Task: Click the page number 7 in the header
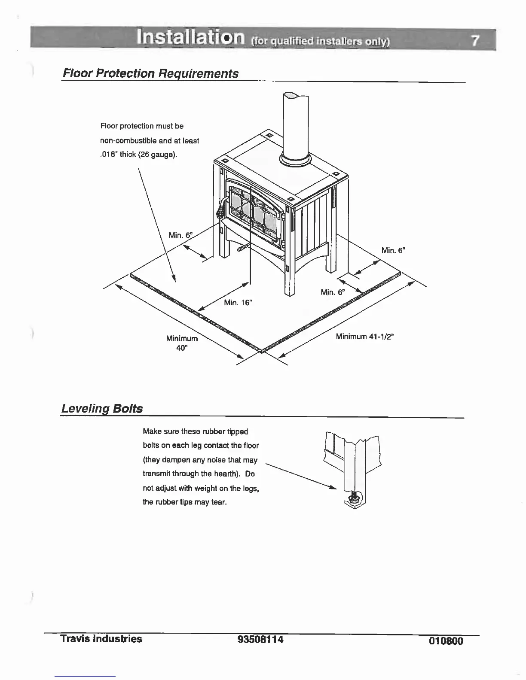tap(474, 41)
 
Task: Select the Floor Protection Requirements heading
tap(150, 73)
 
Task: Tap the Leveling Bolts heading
tap(102, 408)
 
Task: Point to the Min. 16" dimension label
tap(238, 303)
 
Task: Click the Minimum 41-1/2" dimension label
tap(365, 336)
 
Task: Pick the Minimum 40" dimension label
tap(182, 343)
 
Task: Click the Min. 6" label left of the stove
tap(180, 235)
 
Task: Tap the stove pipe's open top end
tap(296, 97)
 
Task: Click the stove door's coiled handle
tap(220, 209)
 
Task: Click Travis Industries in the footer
tap(101, 639)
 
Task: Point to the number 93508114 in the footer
tap(260, 640)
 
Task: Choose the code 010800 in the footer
tap(446, 641)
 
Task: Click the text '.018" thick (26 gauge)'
tap(138, 155)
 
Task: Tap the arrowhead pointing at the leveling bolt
tap(332, 488)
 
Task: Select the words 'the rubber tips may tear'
tap(184, 502)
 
